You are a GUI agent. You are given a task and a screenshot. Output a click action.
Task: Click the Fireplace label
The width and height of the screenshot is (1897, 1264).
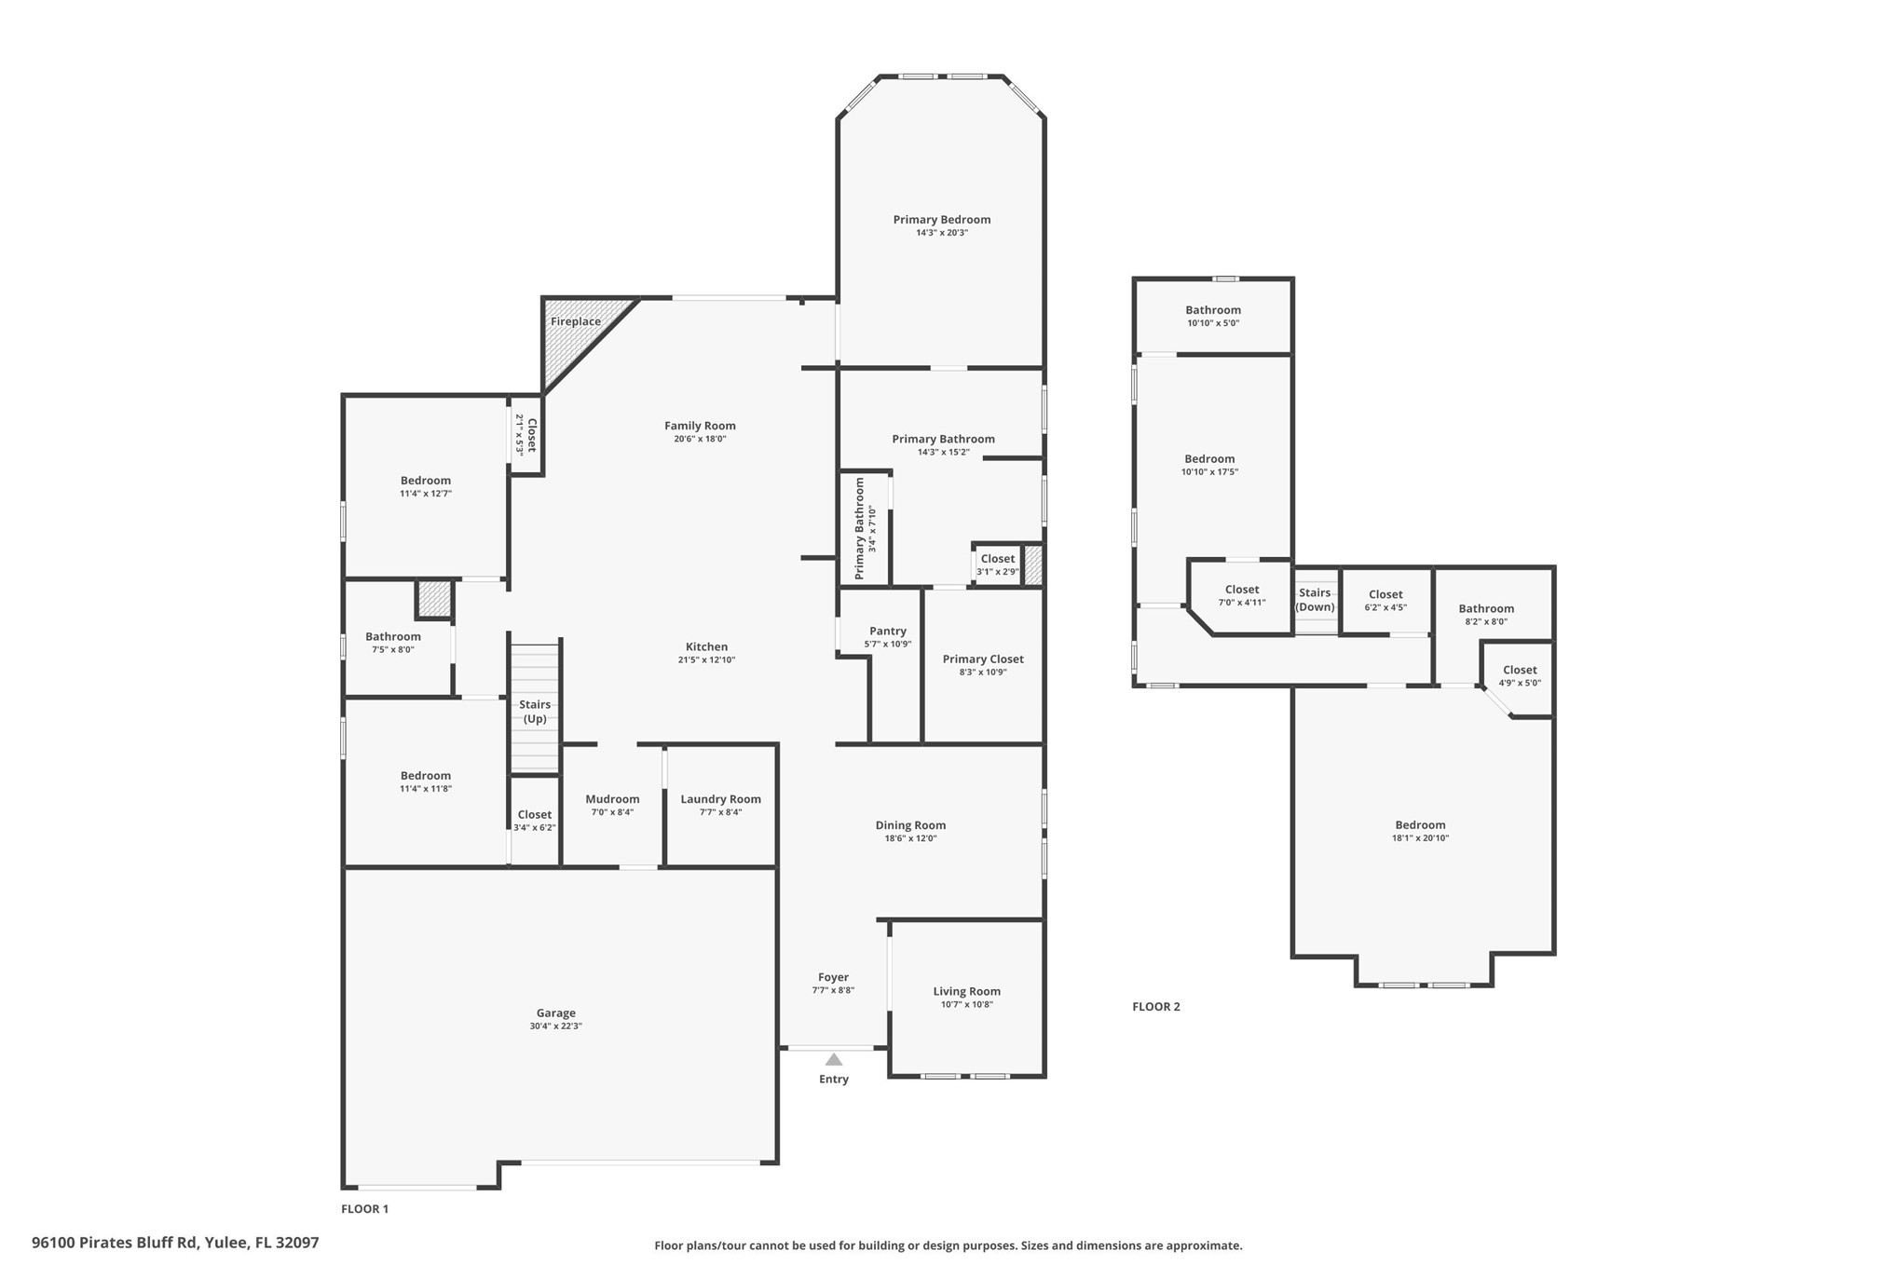pyautogui.click(x=576, y=322)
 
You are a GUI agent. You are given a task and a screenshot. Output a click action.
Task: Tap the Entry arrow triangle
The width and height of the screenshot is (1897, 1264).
pyautogui.click(x=834, y=1059)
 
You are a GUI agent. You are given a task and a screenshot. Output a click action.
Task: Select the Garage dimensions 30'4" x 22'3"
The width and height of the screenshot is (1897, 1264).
pyautogui.click(x=556, y=1026)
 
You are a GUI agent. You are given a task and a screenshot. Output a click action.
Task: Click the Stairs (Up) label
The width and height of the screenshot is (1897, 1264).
pyautogui.click(x=535, y=712)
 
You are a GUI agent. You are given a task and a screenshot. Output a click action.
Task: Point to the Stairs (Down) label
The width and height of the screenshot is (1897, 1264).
pyautogui.click(x=1315, y=600)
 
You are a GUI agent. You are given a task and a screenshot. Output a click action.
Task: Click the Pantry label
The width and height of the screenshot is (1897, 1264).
pyautogui.click(x=888, y=632)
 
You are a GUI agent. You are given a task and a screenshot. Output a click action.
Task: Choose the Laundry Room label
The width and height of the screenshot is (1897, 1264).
pyautogui.click(x=721, y=799)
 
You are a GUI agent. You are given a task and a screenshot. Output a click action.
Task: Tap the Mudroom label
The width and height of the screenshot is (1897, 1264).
pyautogui.click(x=612, y=799)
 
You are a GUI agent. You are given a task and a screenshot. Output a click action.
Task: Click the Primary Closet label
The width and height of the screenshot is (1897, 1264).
pyautogui.click(x=983, y=659)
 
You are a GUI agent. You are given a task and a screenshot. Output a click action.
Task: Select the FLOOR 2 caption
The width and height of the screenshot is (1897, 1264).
pyautogui.click(x=1156, y=1007)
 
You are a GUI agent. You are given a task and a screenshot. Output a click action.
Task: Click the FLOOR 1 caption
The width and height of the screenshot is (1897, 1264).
pyautogui.click(x=364, y=1209)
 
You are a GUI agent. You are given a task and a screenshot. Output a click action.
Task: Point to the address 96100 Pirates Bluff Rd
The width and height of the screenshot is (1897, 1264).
pyautogui.click(x=115, y=1243)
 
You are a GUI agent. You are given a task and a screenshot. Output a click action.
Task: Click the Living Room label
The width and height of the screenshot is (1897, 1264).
pyautogui.click(x=967, y=992)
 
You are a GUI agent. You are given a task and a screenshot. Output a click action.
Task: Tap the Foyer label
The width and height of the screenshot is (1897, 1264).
pyautogui.click(x=834, y=978)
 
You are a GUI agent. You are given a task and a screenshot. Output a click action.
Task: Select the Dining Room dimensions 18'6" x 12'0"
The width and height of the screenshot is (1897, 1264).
pyautogui.click(x=910, y=838)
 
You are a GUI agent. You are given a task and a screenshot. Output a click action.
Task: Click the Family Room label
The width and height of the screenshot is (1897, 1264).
pyautogui.click(x=700, y=427)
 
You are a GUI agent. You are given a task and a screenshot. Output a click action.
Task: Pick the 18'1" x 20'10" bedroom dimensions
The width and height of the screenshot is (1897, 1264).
pyautogui.click(x=1421, y=838)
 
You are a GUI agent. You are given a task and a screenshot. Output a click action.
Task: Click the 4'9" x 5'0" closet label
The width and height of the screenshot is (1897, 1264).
pyautogui.click(x=1520, y=683)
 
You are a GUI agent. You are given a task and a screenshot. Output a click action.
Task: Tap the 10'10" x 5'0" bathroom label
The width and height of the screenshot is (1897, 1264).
pyautogui.click(x=1213, y=323)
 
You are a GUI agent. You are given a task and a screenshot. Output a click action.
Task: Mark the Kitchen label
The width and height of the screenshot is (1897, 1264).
pyautogui.click(x=707, y=647)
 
